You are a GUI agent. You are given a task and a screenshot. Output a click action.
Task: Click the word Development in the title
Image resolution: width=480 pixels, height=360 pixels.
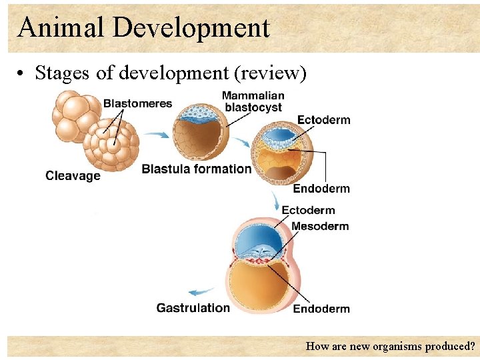point(191,27)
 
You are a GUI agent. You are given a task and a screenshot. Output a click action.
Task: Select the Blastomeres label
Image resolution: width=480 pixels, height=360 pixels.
point(137,103)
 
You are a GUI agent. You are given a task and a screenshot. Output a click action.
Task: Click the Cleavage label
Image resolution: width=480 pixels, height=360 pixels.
point(73,176)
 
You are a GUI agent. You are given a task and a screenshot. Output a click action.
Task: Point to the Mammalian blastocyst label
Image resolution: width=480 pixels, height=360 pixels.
point(253,101)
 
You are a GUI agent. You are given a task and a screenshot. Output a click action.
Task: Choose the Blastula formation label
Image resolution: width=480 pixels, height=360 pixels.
point(197,169)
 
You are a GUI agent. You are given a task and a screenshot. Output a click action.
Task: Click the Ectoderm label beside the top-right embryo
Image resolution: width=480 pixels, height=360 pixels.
point(323,120)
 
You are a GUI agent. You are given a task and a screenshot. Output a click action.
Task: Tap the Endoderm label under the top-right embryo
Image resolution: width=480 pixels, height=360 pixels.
point(321,189)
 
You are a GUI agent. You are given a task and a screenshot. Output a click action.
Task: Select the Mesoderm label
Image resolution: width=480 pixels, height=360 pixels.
point(320,226)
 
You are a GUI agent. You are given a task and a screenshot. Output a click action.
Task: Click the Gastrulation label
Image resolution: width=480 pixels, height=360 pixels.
point(193,308)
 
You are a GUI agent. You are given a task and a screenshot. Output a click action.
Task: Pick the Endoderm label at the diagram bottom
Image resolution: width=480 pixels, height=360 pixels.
point(321,309)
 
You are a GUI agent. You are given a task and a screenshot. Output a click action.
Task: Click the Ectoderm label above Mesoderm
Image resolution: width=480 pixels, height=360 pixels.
point(308,211)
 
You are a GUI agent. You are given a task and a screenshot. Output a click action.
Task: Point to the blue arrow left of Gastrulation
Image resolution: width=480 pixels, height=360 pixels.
point(201,292)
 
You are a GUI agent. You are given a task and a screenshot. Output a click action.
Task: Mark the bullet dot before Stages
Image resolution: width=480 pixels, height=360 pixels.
point(22,73)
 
